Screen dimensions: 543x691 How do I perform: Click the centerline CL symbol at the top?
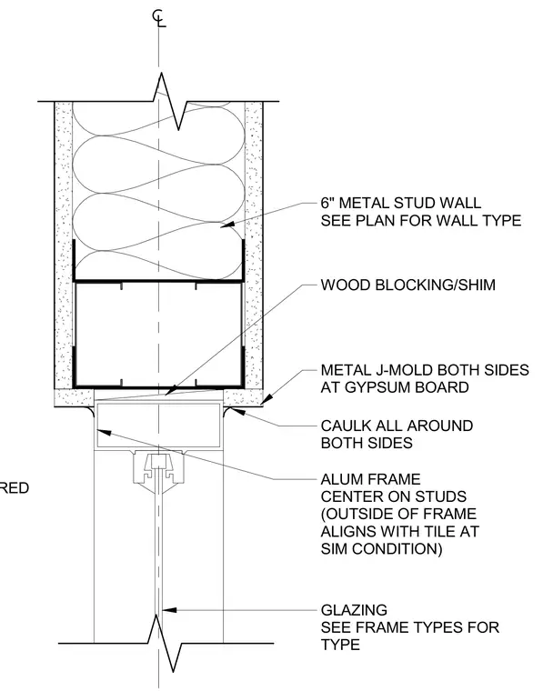159,18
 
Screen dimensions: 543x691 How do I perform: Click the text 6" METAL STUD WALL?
400,203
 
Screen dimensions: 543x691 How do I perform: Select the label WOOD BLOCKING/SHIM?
408,285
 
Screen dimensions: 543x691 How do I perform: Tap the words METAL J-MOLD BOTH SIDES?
425,370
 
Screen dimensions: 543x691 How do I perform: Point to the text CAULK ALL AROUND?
397,426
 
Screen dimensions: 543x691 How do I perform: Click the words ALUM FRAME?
371,479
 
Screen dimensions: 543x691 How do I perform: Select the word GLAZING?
354,610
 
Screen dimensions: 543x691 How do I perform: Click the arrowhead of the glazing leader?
170,610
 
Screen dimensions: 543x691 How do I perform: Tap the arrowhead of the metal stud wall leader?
226,225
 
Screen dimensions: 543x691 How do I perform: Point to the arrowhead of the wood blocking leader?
172,390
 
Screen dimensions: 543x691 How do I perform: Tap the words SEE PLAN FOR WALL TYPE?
421,220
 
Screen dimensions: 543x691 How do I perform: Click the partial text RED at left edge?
15,488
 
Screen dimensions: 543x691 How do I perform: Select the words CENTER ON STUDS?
394,496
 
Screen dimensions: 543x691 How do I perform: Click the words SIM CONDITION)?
381,549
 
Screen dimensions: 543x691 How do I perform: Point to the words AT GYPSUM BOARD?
395,387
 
